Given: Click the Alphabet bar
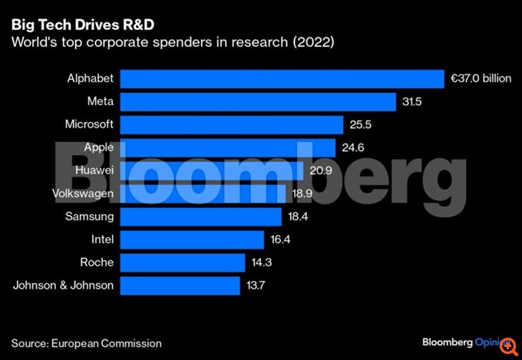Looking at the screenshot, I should [x=282, y=79].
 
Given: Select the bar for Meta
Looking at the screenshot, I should [x=258, y=102].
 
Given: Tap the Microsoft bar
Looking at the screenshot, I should [x=232, y=125].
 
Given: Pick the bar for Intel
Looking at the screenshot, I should [x=193, y=240].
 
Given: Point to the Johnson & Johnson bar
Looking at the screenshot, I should [x=181, y=286].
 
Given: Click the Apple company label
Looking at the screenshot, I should [x=98, y=147].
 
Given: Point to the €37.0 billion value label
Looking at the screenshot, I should [x=481, y=79].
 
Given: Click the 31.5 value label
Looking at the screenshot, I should [x=413, y=102].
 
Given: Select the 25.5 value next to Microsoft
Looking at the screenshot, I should [x=361, y=125].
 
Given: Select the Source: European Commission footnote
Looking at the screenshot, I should [x=87, y=343].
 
